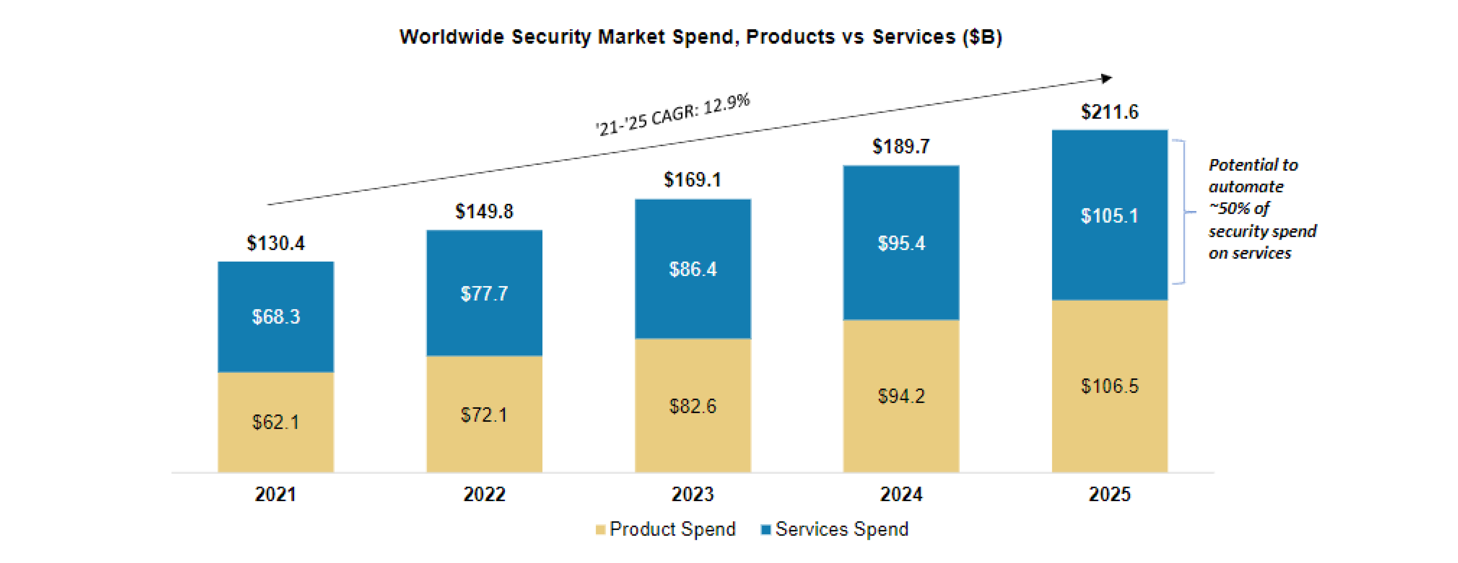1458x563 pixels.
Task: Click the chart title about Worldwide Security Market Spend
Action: (701, 37)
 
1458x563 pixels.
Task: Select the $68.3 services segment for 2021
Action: (276, 316)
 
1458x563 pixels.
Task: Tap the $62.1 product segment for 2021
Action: (276, 421)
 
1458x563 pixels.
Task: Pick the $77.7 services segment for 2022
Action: (484, 293)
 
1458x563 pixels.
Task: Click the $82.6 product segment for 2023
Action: (693, 406)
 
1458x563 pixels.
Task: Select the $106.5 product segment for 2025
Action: (1109, 386)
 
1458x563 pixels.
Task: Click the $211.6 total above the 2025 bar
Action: (1109, 111)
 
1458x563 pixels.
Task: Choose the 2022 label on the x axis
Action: (484, 494)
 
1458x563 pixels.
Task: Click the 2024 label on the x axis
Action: (901, 494)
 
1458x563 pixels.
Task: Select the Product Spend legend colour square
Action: (601, 530)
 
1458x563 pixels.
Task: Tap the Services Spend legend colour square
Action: (766, 530)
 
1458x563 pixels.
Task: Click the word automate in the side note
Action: (1246, 187)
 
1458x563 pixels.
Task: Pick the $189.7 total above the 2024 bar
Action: (901, 147)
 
